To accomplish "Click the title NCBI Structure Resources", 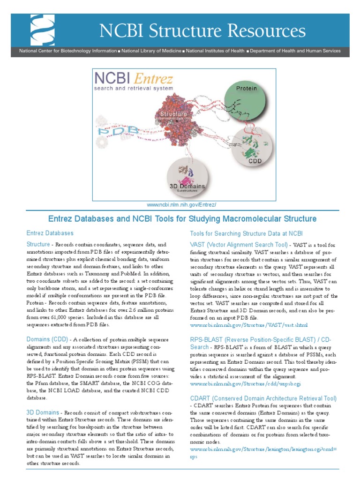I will click(x=202, y=31).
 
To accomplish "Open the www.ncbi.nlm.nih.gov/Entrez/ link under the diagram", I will click(x=181, y=205).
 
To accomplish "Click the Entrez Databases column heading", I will click(x=50, y=233).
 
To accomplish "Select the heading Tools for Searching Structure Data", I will click(x=247, y=233).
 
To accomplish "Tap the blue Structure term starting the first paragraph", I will click(x=38, y=244).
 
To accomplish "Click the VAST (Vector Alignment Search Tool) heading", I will click(x=239, y=245).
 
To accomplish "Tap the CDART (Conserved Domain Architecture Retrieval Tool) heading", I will click(x=263, y=398).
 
